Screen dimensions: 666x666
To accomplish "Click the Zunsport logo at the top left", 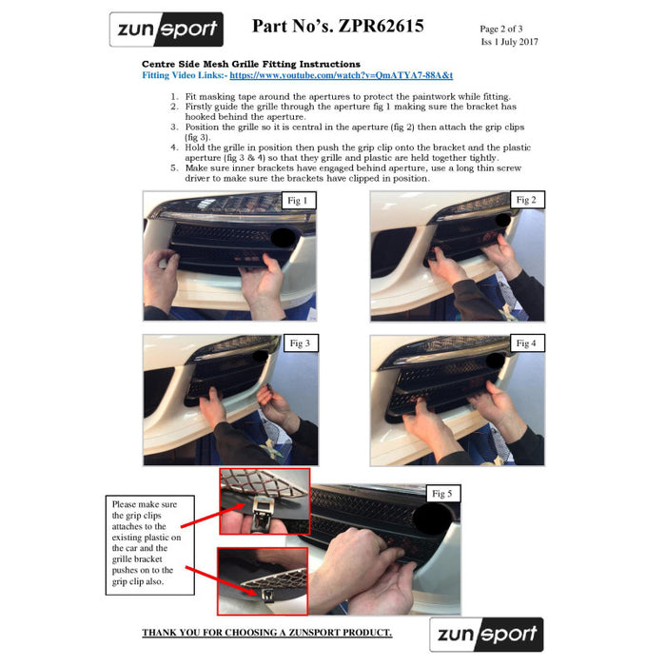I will [166, 29].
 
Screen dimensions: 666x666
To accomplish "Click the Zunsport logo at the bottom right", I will [486, 635].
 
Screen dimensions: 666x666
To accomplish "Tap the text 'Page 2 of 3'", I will [500, 29].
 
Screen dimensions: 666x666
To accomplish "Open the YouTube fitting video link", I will [341, 74].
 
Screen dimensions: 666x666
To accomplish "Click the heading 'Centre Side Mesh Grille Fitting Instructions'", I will [251, 63].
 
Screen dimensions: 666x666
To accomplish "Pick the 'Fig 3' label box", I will [300, 343].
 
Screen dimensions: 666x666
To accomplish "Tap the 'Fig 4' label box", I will [526, 343].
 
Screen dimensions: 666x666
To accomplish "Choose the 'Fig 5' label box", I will [442, 493].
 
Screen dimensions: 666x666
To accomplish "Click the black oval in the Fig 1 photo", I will [284, 237].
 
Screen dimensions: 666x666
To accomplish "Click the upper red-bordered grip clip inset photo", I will [264, 500].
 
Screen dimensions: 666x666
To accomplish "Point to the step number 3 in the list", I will [174, 127].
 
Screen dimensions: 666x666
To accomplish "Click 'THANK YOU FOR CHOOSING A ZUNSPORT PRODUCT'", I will [266, 633].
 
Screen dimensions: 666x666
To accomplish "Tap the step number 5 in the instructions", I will [174, 167].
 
